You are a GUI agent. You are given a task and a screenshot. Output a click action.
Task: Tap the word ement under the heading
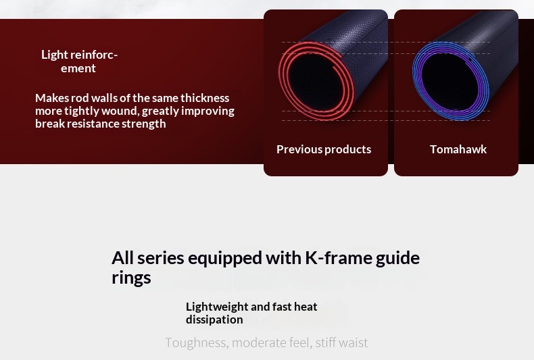[x=78, y=68]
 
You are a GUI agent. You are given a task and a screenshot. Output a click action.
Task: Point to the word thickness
[x=205, y=98]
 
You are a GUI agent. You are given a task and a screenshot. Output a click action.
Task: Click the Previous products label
[x=324, y=149]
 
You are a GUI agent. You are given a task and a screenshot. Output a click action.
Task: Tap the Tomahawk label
[x=458, y=149]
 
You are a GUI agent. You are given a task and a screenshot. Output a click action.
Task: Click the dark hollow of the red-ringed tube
[x=315, y=82]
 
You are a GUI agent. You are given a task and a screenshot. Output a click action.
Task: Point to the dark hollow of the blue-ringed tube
[x=450, y=82]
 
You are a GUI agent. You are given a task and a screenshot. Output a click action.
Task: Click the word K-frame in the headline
[x=338, y=258]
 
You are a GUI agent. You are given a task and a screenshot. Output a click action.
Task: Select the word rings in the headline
[x=131, y=278]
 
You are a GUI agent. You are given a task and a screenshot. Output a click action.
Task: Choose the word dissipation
[x=214, y=320]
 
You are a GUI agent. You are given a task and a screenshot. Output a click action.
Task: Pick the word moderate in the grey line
[x=259, y=342]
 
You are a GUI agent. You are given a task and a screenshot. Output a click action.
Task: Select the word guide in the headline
[x=397, y=258]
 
